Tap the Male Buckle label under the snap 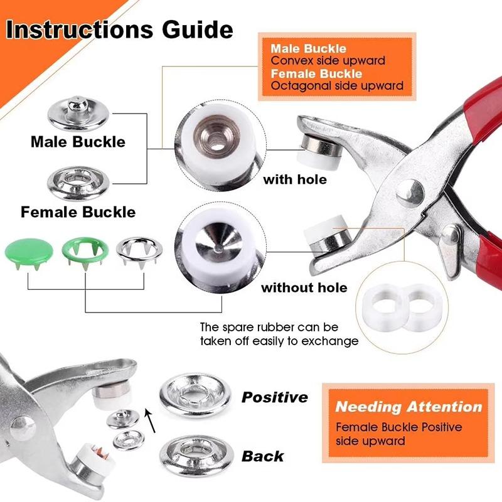[x=78, y=141]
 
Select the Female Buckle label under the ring [x=78, y=211]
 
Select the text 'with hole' [x=295, y=179]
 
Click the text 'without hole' [x=304, y=287]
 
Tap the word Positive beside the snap [x=275, y=397]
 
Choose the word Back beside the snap [x=262, y=456]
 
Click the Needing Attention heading [x=409, y=406]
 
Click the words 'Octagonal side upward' [x=337, y=85]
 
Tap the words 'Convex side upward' [x=328, y=61]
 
